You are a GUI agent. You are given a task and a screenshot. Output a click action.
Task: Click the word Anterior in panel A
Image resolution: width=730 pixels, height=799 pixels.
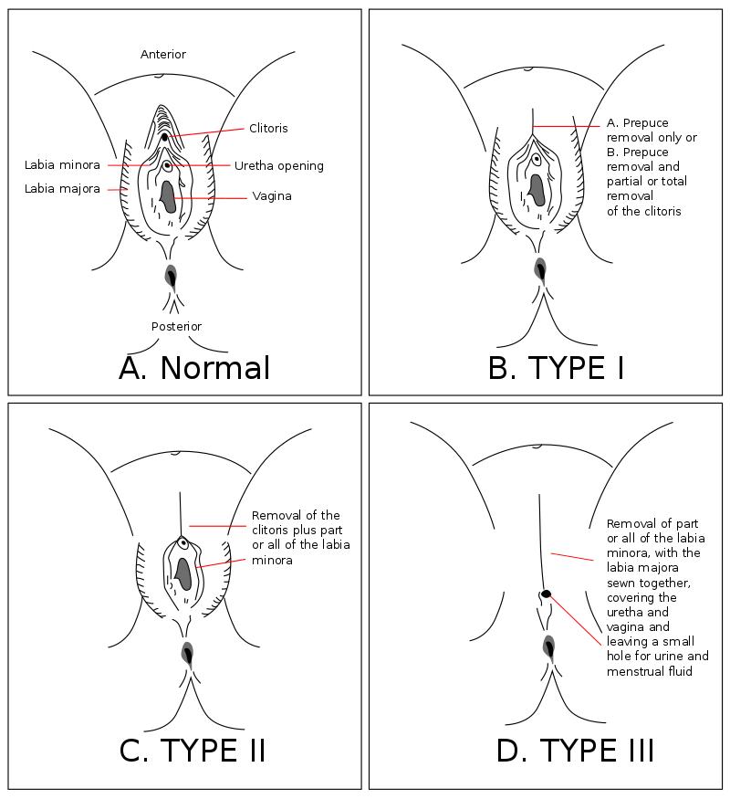click(163, 55)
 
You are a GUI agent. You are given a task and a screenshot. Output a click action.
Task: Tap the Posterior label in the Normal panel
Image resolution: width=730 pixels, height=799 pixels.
click(176, 326)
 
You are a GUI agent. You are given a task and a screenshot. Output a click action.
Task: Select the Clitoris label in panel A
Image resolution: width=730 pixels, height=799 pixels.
click(268, 129)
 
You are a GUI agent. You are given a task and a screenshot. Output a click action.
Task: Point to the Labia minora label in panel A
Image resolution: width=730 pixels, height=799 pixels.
click(62, 165)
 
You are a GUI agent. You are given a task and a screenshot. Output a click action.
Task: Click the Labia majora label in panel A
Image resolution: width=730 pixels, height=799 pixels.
click(62, 189)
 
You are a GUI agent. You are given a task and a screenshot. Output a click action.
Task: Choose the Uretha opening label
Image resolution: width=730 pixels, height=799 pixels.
click(279, 166)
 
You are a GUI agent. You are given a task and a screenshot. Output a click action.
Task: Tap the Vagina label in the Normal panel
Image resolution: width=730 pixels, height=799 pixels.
click(272, 196)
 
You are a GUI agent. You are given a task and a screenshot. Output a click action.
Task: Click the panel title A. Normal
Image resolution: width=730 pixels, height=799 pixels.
click(194, 368)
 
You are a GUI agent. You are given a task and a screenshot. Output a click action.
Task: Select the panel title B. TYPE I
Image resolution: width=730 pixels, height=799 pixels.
click(557, 368)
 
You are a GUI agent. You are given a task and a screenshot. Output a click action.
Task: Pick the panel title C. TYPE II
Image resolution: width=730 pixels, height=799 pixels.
click(193, 750)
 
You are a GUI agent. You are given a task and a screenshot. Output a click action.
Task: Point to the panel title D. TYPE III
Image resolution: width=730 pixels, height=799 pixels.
click(575, 750)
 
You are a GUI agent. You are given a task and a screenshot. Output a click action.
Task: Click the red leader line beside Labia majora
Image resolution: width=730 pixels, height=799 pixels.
click(117, 189)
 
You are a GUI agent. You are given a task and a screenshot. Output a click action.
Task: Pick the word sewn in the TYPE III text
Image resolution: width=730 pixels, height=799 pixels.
click(620, 583)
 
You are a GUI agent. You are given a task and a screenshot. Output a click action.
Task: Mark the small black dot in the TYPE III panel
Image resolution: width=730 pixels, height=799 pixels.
click(547, 594)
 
